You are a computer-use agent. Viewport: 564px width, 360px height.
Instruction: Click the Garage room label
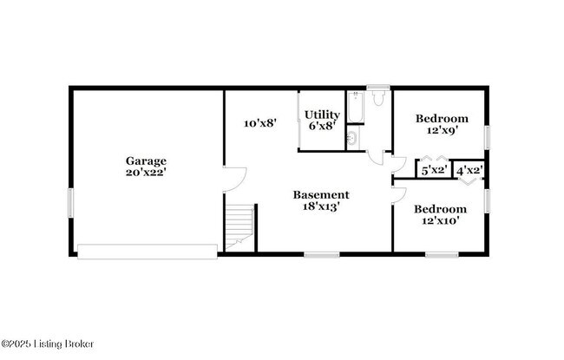146,160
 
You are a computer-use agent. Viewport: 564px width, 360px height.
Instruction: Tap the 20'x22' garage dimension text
146,173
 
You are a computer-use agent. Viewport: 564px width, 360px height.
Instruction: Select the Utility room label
321,115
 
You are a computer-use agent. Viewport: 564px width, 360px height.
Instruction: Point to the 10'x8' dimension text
259,123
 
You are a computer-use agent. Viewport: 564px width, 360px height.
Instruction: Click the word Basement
320,194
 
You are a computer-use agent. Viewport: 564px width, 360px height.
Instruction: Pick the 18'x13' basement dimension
320,206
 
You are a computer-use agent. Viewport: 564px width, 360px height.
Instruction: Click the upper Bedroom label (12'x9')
442,118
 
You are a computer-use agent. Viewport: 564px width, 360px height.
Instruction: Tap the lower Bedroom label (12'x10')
440,209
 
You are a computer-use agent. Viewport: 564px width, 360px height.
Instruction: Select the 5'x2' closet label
433,170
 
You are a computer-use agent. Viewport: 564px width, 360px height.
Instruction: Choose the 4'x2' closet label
469,170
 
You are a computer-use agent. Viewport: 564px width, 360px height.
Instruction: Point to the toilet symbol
377,99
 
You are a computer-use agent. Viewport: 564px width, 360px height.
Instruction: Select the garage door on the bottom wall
147,252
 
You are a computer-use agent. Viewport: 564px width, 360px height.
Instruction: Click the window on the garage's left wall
70,202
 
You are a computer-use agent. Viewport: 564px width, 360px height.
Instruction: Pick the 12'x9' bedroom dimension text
442,130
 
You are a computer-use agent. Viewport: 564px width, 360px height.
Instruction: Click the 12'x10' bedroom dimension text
440,221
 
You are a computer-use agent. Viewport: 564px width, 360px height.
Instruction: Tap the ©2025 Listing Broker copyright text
48,344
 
